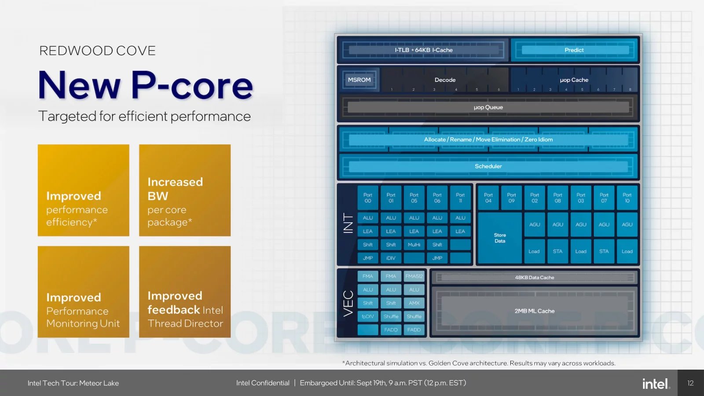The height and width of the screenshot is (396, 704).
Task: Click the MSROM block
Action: (x=359, y=80)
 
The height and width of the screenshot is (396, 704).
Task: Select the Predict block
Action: (x=574, y=50)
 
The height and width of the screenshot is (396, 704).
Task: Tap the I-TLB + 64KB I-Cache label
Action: (x=423, y=50)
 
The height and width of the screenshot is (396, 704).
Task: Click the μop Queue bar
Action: (x=488, y=107)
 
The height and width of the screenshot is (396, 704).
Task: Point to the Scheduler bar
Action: (x=488, y=166)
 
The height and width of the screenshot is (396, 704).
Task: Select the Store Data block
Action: (x=500, y=238)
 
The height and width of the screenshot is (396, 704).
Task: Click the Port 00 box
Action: (x=368, y=198)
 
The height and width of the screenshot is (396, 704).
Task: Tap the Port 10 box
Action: (x=627, y=198)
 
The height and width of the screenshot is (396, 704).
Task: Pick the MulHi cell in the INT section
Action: (x=414, y=245)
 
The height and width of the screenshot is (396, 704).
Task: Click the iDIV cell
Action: (x=391, y=258)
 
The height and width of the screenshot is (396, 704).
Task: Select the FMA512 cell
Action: (x=414, y=276)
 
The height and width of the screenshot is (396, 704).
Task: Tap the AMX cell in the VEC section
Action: (x=414, y=303)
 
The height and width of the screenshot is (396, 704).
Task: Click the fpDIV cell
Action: (x=368, y=316)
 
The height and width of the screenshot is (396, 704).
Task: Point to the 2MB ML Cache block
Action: (x=535, y=311)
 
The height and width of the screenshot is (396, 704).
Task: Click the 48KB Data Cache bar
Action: (x=535, y=278)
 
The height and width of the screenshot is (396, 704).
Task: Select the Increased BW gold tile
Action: (x=185, y=191)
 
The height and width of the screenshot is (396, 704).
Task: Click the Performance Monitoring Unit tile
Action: (x=84, y=292)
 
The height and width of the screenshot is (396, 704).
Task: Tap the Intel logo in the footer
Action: (x=656, y=384)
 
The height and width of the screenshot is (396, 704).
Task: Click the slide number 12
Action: (x=690, y=383)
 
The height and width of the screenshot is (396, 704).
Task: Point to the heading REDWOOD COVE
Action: (x=97, y=51)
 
